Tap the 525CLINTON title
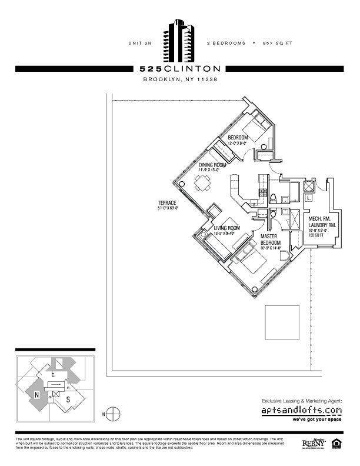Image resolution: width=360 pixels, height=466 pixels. point(180,69)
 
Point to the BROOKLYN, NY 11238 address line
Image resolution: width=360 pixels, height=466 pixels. point(180,80)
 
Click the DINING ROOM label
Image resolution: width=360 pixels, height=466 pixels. point(212,165)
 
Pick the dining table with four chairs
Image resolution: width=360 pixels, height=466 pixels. point(202,184)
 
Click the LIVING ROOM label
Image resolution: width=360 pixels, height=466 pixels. point(226,228)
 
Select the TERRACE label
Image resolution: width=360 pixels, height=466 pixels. point(167,203)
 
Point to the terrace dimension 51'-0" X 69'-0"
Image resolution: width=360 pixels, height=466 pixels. point(168,208)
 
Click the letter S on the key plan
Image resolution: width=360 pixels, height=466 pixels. point(68,400)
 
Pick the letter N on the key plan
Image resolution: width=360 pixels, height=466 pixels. point(36,395)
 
